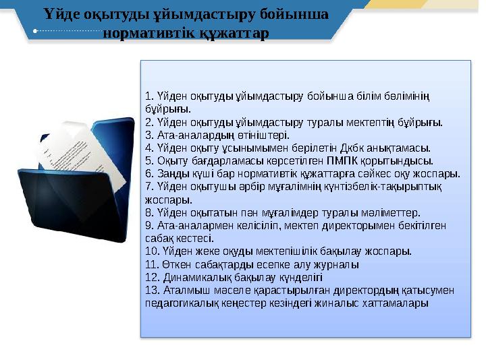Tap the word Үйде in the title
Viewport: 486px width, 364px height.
click(x=63, y=13)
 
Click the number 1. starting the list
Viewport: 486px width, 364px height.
click(x=149, y=96)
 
